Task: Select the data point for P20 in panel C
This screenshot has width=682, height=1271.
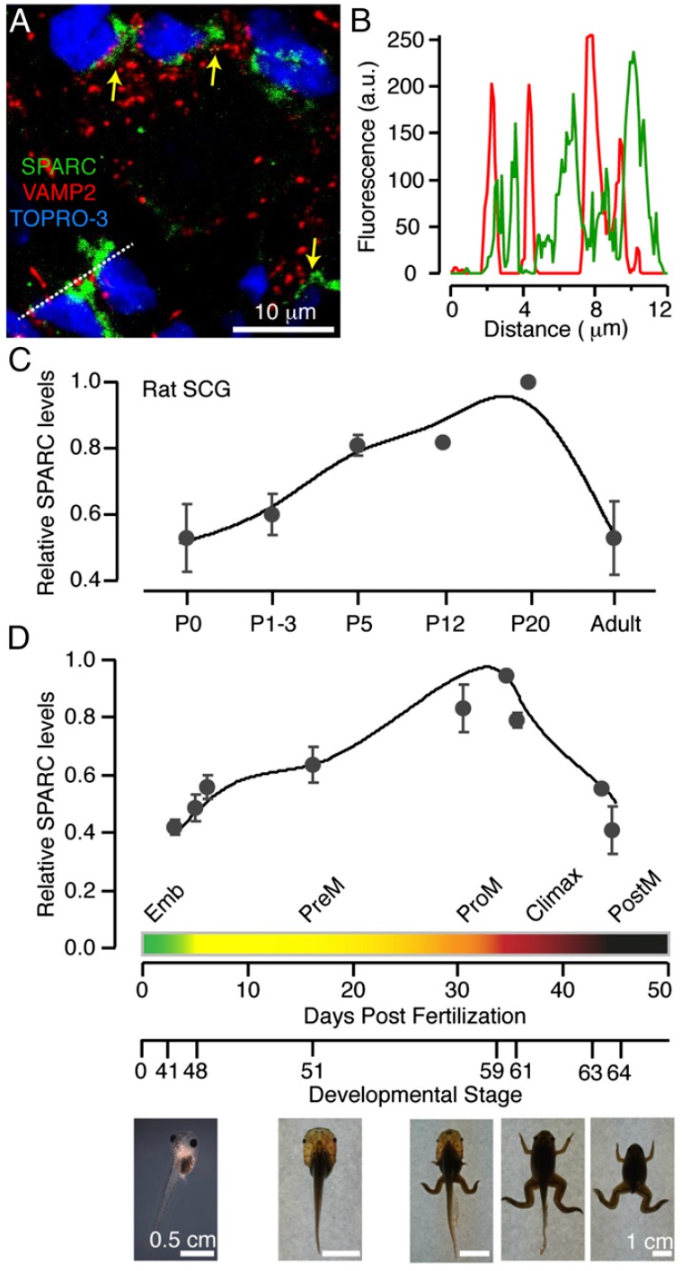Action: click(x=528, y=382)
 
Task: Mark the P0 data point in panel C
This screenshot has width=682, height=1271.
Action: click(x=186, y=538)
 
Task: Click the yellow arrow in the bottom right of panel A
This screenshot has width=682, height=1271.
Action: click(x=312, y=259)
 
